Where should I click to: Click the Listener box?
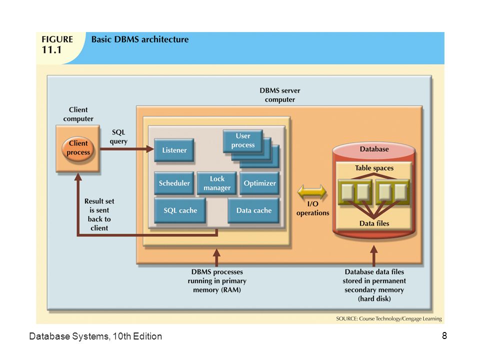click(174, 150)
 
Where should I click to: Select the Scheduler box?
click(174, 183)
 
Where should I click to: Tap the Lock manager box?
click(216, 183)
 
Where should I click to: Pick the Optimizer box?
click(259, 183)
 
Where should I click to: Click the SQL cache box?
click(180, 210)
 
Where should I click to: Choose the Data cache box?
click(253, 210)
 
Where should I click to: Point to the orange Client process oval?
click(78, 148)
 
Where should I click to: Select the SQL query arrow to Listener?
click(127, 149)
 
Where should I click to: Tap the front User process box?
click(243, 140)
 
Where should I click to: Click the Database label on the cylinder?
click(374, 149)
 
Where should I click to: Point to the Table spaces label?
click(374, 168)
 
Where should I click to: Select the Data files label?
click(374, 223)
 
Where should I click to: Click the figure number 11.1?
click(51, 49)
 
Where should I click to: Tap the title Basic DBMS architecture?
click(140, 39)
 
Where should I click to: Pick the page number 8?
click(444, 336)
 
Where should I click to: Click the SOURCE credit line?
click(389, 318)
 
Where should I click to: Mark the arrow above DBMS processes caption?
click(216, 257)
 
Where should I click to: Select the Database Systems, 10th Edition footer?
click(95, 336)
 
